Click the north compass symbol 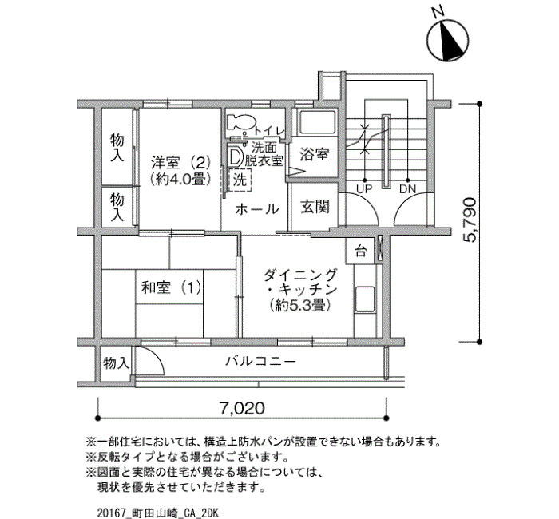click(x=447, y=40)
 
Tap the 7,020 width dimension click(x=243, y=408)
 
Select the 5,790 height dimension click(x=470, y=220)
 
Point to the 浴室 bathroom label click(x=315, y=154)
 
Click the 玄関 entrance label click(x=315, y=206)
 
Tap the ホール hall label click(x=257, y=209)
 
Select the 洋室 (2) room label click(x=180, y=163)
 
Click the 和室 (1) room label click(x=172, y=287)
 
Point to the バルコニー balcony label click(x=261, y=362)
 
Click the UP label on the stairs click(x=364, y=188)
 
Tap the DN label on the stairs click(x=408, y=188)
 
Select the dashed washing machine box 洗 click(x=240, y=180)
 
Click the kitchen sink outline click(x=365, y=299)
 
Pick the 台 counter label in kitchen click(x=360, y=252)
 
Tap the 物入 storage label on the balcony click(x=116, y=363)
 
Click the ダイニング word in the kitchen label click(x=300, y=275)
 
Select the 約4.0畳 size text click(x=180, y=179)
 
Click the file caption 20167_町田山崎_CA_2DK click(x=157, y=513)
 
